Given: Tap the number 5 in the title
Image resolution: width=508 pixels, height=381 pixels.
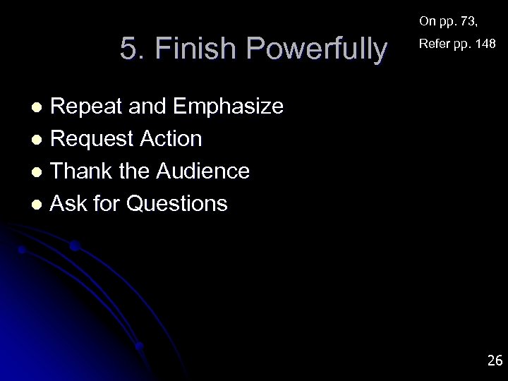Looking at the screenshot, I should coord(128,50).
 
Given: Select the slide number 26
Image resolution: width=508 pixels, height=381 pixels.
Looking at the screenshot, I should coord(495,361).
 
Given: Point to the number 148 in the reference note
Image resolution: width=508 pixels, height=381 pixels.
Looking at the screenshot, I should coord(485,44).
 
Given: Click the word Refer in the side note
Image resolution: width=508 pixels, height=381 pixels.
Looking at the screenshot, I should coord(433,44).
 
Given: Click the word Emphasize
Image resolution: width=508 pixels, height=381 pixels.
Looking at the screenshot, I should coord(227,107).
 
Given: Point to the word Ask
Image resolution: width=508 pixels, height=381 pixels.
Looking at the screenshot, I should coord(70,204).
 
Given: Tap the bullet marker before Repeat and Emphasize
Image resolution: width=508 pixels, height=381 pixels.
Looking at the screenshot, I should coord(40,107).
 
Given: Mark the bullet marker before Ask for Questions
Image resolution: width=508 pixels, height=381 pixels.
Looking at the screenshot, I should coord(40,205).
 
